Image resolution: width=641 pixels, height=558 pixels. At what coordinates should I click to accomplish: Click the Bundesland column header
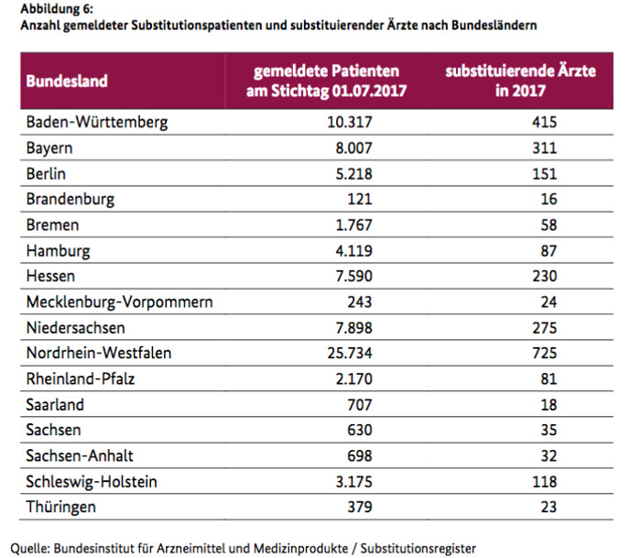pos(67,81)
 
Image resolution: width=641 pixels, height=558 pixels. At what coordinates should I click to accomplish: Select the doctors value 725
pos(546,353)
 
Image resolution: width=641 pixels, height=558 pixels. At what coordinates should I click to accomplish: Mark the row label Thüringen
pos(62,507)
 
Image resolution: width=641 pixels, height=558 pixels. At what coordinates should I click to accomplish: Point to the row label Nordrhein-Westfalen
pos(99,353)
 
